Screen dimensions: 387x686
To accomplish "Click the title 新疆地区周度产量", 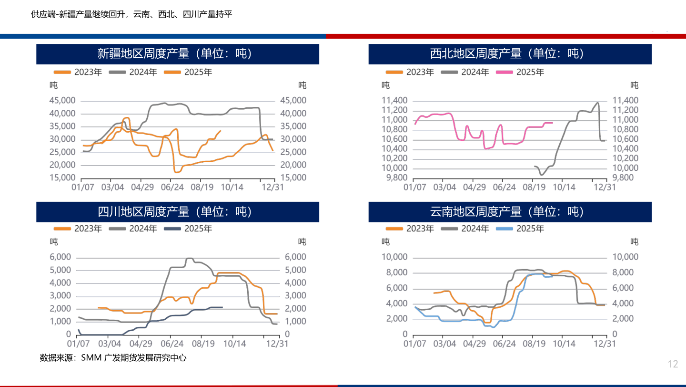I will (x=174, y=53).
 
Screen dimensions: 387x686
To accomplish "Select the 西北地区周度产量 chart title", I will (x=507, y=53).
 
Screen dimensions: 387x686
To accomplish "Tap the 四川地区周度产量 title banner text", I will (x=174, y=211).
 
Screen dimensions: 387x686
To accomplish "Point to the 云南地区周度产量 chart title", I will (x=507, y=211).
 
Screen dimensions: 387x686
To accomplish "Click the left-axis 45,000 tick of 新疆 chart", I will (x=62, y=101).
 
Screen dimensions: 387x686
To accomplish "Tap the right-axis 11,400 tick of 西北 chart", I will (x=625, y=101).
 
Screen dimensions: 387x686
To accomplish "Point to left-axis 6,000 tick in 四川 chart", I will (x=60, y=257).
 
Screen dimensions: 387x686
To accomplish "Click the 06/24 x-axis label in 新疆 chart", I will (x=172, y=188).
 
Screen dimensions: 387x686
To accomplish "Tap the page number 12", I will (x=672, y=365).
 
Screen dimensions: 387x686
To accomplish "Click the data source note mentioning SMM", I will (x=113, y=357).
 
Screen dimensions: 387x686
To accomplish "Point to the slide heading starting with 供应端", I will (x=131, y=14).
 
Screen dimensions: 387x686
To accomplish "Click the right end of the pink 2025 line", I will (x=552, y=123).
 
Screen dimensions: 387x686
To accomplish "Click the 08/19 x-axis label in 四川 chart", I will (x=202, y=344).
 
